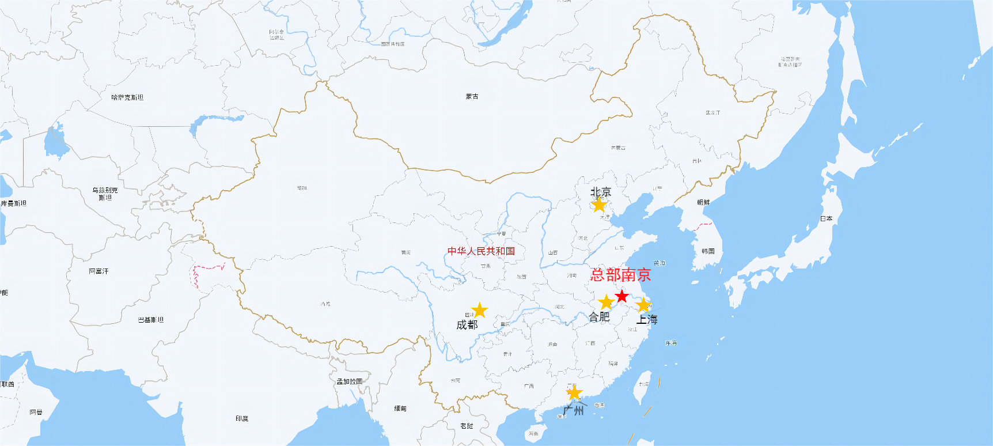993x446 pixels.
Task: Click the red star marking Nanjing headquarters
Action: click(621, 296)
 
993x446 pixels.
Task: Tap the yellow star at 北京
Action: click(599, 205)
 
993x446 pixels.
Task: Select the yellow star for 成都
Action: click(479, 311)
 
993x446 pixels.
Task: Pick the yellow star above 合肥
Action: click(606, 303)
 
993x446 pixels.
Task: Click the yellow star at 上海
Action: click(643, 305)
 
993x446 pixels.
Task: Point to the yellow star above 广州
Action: click(574, 394)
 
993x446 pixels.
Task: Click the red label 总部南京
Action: click(620, 275)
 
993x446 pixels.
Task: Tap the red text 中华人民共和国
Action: click(481, 251)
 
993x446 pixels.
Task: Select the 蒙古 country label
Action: click(472, 97)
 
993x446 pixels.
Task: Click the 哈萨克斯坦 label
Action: click(127, 98)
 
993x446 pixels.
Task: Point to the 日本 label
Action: click(826, 219)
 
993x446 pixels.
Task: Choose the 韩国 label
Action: click(708, 251)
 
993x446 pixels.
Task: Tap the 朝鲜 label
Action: click(703, 202)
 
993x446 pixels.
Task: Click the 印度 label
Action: click(242, 418)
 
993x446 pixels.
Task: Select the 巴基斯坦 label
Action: click(151, 320)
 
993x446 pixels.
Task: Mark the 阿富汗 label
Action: click(98, 271)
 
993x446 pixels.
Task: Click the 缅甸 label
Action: click(400, 409)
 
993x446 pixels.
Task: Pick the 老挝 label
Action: click(467, 426)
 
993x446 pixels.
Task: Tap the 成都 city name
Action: click(467, 325)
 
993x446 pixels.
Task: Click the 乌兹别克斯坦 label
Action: click(105, 194)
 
